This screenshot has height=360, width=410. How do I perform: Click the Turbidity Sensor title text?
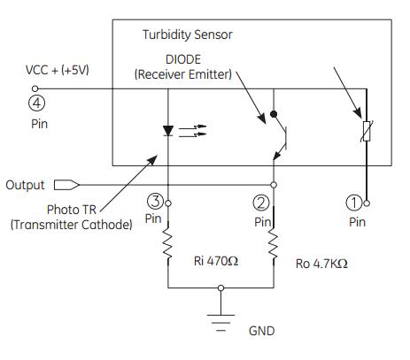pos(188,34)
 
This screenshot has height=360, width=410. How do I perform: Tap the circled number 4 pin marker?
pos(37,103)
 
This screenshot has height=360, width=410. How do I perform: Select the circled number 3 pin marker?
pos(155,201)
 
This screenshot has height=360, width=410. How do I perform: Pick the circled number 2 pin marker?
pos(261,203)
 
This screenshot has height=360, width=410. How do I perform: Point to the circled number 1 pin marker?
pos(353,203)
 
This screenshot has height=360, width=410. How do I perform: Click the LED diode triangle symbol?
pos(168,131)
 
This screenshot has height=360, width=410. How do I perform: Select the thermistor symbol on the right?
pos(367,131)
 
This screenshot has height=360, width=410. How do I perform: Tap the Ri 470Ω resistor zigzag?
pos(168,243)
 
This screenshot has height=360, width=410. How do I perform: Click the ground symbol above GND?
pos(220,323)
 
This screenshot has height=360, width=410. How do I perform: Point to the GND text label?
pos(261,331)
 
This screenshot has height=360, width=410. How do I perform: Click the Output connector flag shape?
pos(66,185)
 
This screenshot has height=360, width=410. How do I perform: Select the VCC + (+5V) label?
pos(58,70)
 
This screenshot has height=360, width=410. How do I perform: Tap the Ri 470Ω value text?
pos(216,261)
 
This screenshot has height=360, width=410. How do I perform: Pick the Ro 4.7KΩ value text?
pos(321,264)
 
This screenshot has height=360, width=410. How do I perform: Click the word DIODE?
pos(183,59)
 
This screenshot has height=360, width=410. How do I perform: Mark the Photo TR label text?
pos(72,210)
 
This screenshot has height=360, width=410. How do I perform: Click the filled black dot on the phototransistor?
pos(274,114)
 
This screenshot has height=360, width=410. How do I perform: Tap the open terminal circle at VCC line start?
pos(35,88)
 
